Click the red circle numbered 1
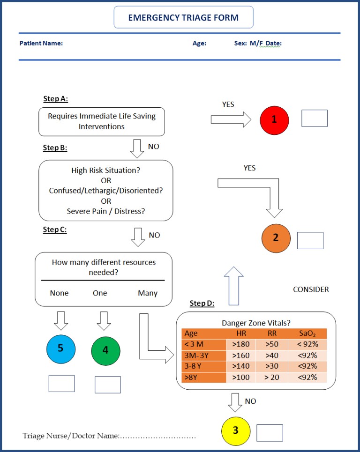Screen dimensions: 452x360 click(x=275, y=119)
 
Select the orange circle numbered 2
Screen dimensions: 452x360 click(x=276, y=238)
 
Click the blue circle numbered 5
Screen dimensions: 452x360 click(x=61, y=348)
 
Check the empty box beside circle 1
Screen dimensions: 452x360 click(x=314, y=118)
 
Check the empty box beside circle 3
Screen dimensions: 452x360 click(x=270, y=433)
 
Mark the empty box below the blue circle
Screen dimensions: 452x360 click(x=61, y=383)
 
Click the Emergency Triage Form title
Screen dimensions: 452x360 click(x=183, y=18)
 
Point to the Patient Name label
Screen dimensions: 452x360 click(x=41, y=44)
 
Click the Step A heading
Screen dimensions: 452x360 click(x=56, y=99)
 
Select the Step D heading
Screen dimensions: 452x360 click(x=202, y=304)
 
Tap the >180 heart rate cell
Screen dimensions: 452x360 click(x=240, y=344)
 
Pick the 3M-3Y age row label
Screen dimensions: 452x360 click(x=197, y=355)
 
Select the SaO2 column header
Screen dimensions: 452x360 click(x=307, y=333)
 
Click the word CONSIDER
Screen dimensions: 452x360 click(x=311, y=289)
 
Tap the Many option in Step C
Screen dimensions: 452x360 click(x=147, y=293)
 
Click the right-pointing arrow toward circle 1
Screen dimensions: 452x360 click(x=231, y=119)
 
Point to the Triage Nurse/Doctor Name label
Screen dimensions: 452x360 click(x=71, y=436)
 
